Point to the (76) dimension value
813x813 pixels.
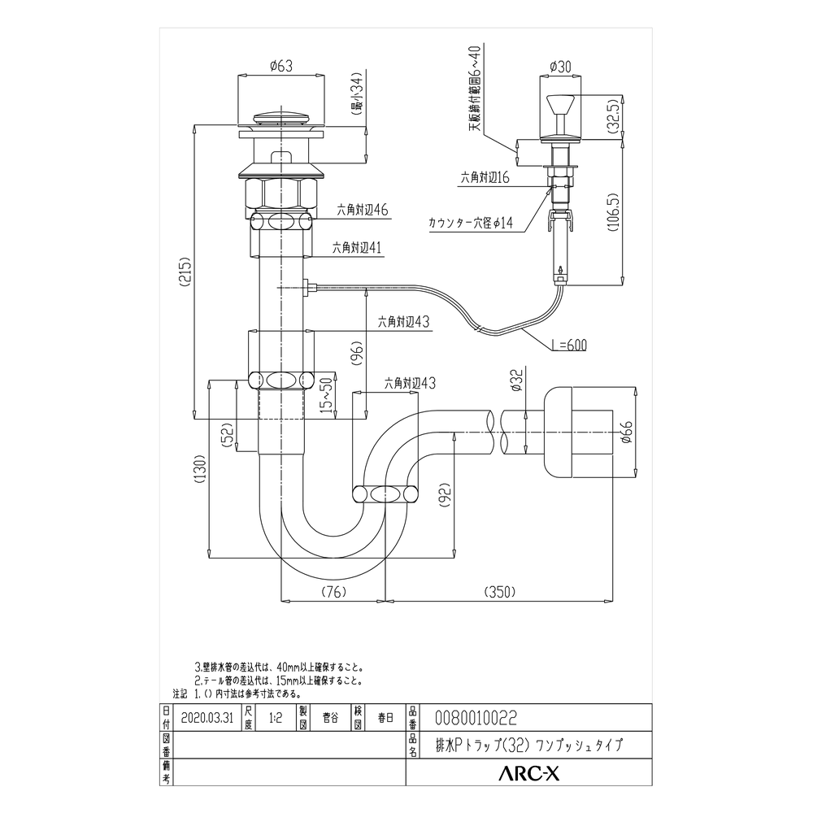click(x=331, y=591)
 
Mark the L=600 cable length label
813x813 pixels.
click(x=567, y=345)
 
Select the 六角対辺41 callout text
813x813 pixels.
click(x=358, y=249)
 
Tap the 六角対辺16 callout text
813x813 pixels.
click(x=485, y=176)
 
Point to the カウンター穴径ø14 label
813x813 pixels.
click(x=471, y=222)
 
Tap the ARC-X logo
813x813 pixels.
click(x=528, y=775)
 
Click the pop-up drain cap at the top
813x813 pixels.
click(x=280, y=116)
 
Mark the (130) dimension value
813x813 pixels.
click(x=200, y=469)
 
